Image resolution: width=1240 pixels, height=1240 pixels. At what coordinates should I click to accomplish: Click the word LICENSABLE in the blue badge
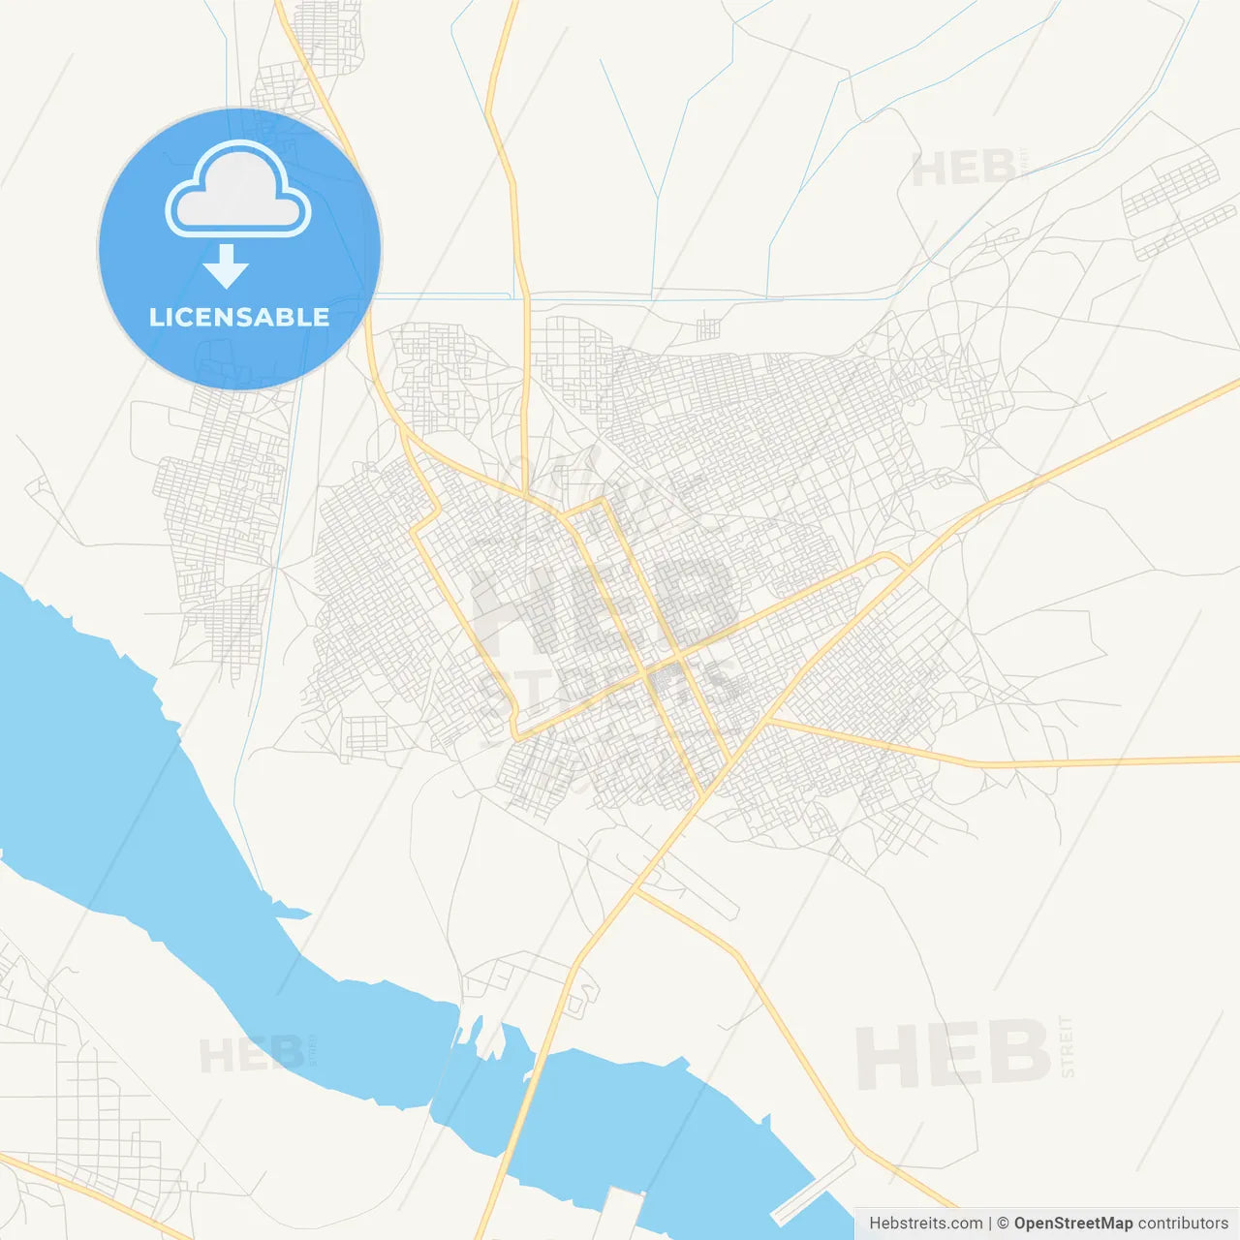(x=239, y=317)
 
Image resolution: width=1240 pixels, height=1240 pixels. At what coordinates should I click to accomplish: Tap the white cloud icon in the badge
(x=238, y=191)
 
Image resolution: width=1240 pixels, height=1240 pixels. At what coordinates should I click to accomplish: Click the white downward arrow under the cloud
(x=227, y=266)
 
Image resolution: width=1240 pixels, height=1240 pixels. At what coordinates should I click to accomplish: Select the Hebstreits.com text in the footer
(x=925, y=1224)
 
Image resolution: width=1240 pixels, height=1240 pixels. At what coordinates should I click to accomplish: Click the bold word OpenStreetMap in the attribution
(x=1072, y=1224)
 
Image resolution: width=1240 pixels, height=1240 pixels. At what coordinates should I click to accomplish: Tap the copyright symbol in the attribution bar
(x=1003, y=1224)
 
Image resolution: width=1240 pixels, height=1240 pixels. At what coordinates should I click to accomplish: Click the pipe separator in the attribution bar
(x=990, y=1224)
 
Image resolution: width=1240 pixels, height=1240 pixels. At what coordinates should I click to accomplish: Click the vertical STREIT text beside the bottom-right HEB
(x=1067, y=1046)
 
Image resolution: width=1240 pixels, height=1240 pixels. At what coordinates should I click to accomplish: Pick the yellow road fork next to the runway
(x=635, y=889)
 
